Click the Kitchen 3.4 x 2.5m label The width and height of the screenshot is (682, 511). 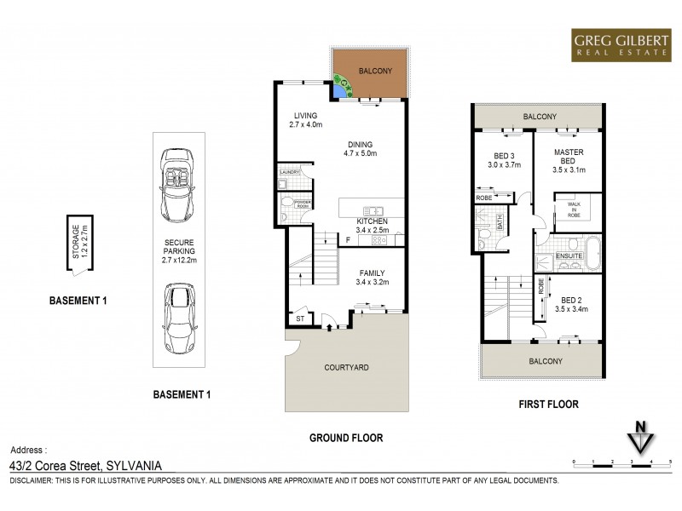click(x=371, y=225)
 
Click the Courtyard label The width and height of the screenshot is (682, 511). click(x=345, y=368)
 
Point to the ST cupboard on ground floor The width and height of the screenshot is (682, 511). click(x=300, y=319)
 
